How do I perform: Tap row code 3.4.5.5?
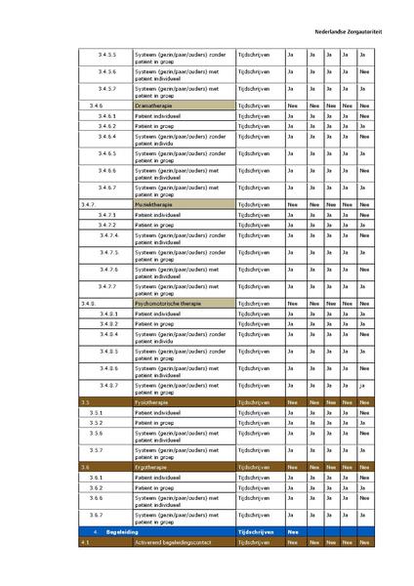point(107,54)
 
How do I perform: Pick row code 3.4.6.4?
point(107,136)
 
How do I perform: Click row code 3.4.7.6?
point(107,269)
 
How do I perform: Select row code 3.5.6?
point(97,433)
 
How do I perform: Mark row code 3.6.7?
point(97,515)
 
